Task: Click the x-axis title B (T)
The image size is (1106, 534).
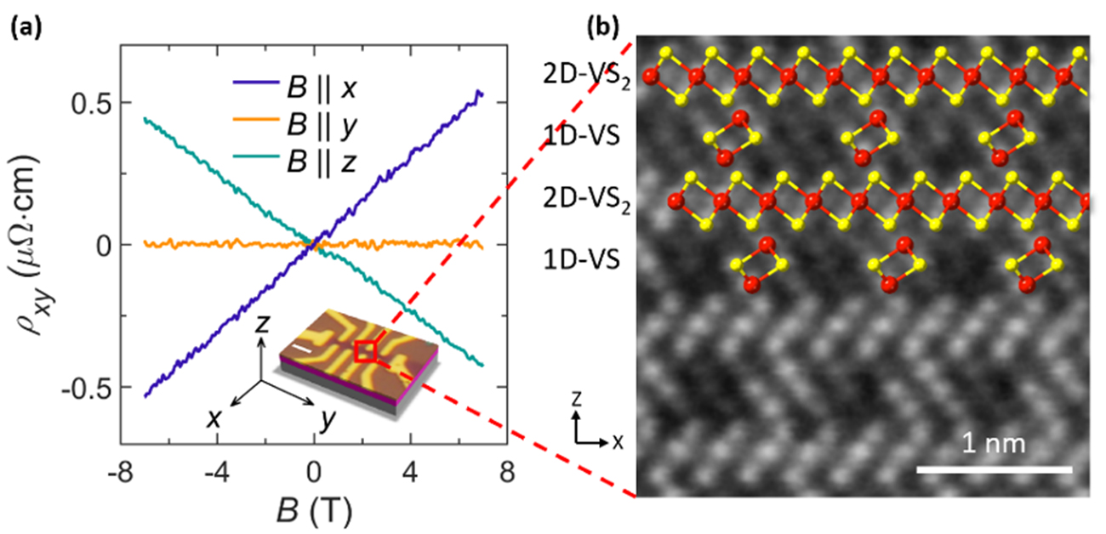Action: click(x=315, y=511)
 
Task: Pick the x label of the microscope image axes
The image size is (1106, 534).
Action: click(x=618, y=442)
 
